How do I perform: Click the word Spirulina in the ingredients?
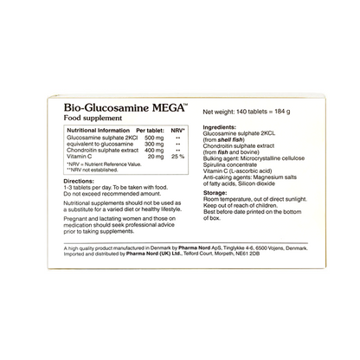pyautogui.click(x=217, y=166)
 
